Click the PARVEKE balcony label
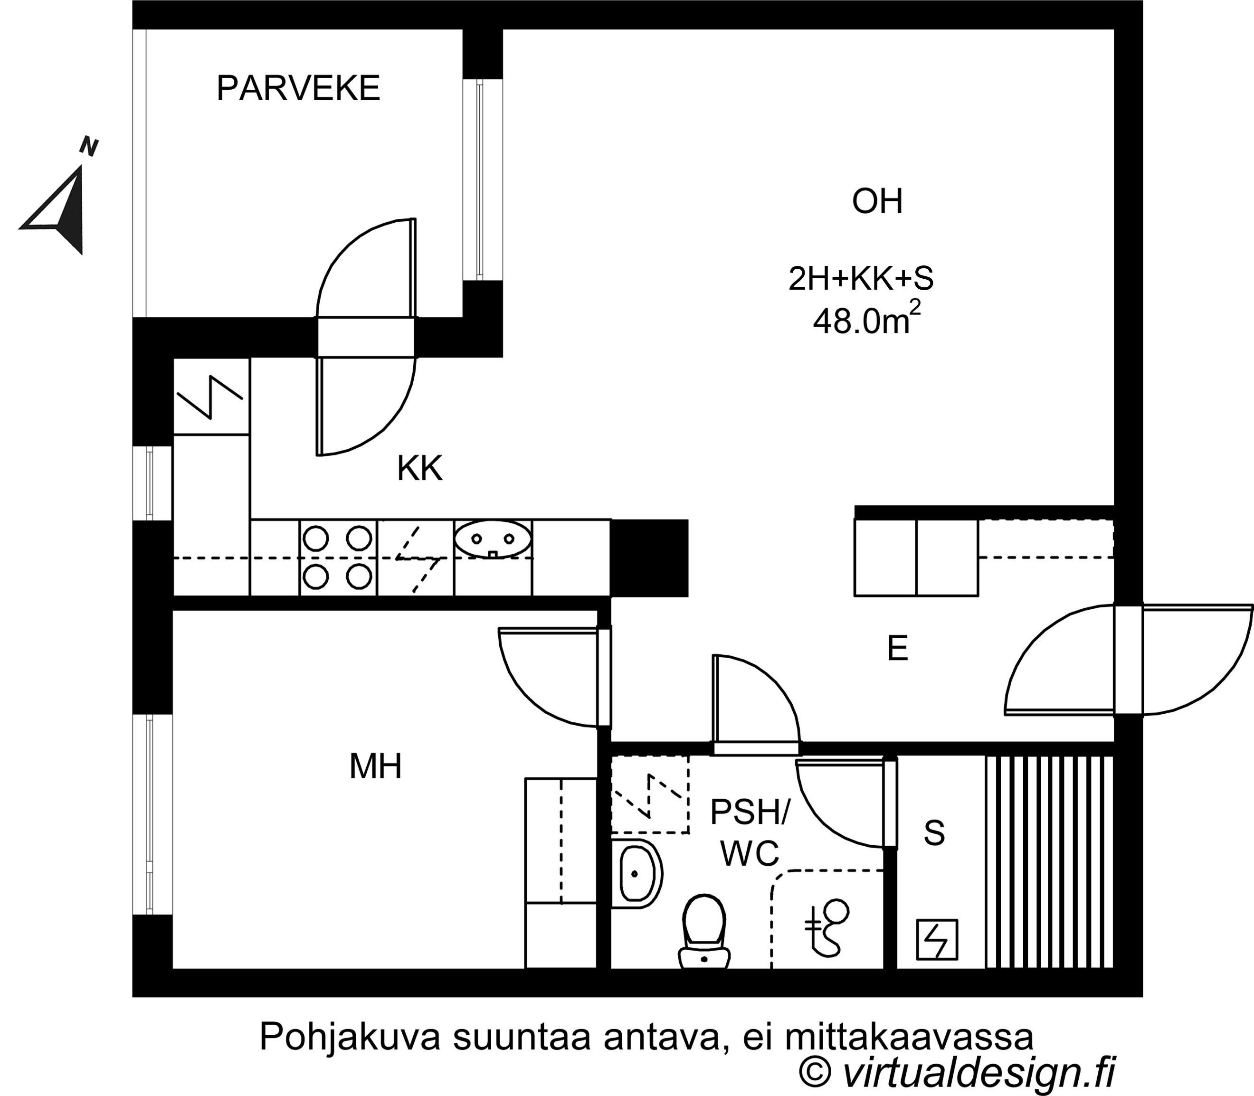tap(298, 89)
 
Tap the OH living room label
tap(877, 202)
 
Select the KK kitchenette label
tap(419, 469)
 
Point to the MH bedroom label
tap(375, 766)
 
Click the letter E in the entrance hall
tap(897, 649)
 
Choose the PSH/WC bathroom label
tap(750, 833)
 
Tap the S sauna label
tap(934, 832)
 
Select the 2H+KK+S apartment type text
tap(861, 279)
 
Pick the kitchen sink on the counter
tap(493, 540)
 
